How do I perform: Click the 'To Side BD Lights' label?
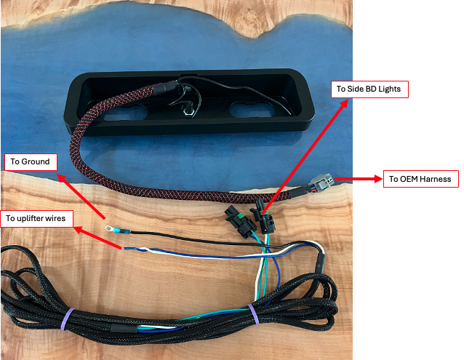click(x=369, y=90)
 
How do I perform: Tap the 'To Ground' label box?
click(x=31, y=161)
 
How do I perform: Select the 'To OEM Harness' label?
click(x=420, y=179)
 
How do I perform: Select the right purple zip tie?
click(x=255, y=313)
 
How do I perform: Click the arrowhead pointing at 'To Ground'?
click(x=60, y=176)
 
